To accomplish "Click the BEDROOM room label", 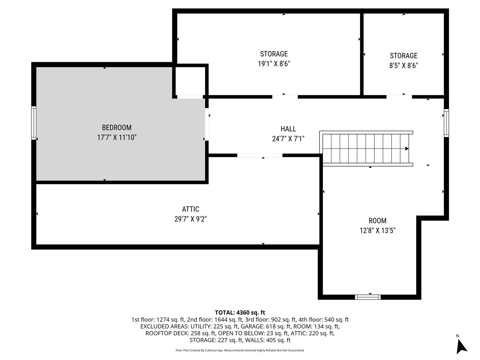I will [x=117, y=127].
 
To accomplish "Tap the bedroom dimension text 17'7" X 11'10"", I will [x=117, y=138].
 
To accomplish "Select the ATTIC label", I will [x=190, y=209].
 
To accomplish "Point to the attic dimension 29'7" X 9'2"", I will [x=190, y=219].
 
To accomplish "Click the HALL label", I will [x=288, y=129].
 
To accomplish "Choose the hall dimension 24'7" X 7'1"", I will [x=288, y=139].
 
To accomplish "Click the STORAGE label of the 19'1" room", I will [x=274, y=54].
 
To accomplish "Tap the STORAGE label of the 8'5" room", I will [x=403, y=56].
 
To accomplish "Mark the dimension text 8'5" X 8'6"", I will [x=403, y=66].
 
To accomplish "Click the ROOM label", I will [x=377, y=221].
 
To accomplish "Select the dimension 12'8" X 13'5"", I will [x=377, y=231].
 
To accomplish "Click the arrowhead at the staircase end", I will [x=407, y=149].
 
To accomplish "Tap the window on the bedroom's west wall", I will [x=34, y=123].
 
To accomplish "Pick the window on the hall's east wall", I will [x=446, y=123].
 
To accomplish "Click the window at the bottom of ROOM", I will [x=368, y=297].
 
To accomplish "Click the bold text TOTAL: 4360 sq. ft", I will [x=240, y=312].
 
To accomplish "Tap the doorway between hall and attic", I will [x=260, y=155].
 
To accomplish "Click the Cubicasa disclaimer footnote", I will [x=240, y=350].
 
